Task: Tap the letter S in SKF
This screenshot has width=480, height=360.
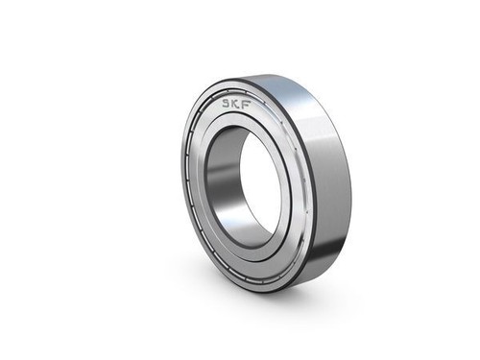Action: click(228, 103)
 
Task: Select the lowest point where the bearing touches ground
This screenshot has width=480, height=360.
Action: click(274, 291)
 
